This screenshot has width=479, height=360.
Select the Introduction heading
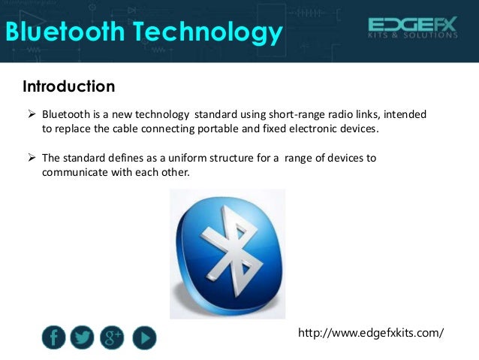[69, 86]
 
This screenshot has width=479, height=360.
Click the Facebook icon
[53, 337]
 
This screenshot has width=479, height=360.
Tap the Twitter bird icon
[82, 337]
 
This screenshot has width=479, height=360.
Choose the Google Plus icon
[111, 337]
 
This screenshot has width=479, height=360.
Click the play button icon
[144, 338]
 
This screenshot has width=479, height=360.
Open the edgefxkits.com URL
[371, 331]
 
